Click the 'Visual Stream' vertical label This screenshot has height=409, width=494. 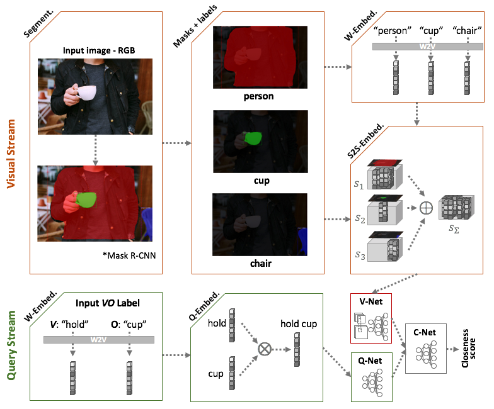11,154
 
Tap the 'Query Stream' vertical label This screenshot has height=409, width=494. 11,345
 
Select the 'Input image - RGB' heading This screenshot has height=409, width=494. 99,50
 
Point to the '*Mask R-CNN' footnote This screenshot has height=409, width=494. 129,255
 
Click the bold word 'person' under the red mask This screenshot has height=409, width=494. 258,96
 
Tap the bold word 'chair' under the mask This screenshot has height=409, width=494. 261,263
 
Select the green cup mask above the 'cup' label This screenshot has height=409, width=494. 253,138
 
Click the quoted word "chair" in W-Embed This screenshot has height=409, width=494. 468,30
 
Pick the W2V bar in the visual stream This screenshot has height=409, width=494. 427,47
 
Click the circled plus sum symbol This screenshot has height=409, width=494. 426,208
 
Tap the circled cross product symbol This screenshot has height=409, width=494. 265,349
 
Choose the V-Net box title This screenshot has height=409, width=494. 370,301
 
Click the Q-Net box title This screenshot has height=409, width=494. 370,361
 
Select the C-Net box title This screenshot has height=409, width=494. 425,332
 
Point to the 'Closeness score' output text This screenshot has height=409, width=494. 469,349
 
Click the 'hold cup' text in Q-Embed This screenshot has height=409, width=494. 299,323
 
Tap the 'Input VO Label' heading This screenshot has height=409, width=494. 107,303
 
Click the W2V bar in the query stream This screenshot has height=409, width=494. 99,340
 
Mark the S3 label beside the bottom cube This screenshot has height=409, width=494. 360,255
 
